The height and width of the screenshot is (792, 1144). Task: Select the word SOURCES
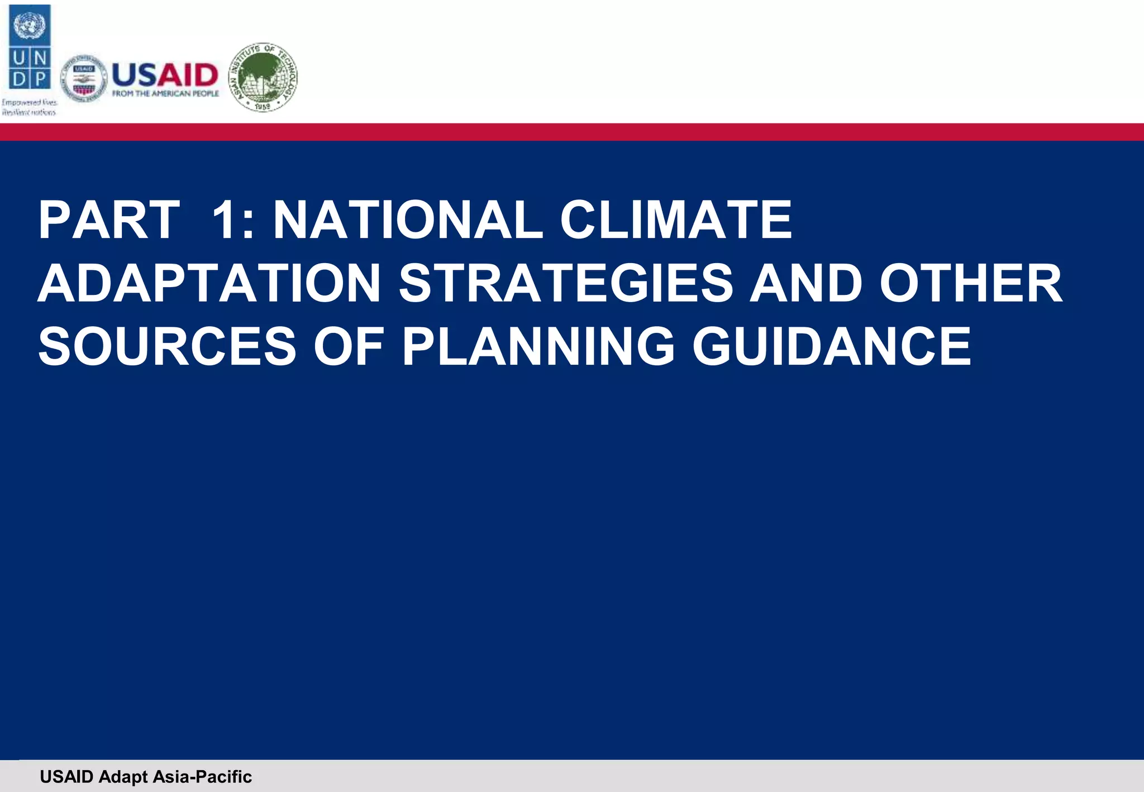point(167,347)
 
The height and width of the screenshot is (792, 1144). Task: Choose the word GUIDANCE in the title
point(832,347)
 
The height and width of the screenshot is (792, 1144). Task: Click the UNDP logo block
point(30,47)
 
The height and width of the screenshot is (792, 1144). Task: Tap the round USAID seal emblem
point(84,79)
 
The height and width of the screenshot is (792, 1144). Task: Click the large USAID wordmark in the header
point(165,75)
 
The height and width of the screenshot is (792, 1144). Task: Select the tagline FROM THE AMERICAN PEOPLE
point(165,94)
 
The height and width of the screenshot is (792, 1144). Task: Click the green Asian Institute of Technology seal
point(264,77)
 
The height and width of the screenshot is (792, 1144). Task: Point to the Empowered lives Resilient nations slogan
point(29,107)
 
